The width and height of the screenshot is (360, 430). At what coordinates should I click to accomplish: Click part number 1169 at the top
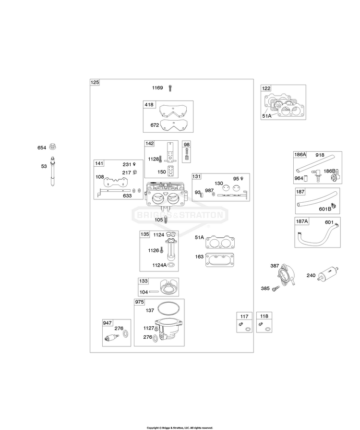[157, 88]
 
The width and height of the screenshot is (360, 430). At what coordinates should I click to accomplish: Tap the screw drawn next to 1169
[170, 88]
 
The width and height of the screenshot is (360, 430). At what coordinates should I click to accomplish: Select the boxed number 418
[149, 104]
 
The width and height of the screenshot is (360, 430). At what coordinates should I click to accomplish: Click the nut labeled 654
[52, 147]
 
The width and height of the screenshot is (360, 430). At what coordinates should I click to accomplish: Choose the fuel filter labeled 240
[328, 274]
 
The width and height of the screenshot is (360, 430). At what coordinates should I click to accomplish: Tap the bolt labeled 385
[276, 288]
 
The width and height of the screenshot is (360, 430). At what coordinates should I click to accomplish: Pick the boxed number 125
[95, 82]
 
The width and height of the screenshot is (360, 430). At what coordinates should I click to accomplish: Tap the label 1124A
[159, 265]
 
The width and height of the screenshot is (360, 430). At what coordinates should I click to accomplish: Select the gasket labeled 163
[220, 260]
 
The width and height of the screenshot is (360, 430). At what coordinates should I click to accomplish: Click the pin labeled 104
[154, 292]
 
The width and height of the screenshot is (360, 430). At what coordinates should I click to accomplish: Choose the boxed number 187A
[302, 221]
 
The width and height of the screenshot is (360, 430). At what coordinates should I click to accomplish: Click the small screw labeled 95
[242, 179]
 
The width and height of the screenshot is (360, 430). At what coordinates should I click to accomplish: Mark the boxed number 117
[244, 316]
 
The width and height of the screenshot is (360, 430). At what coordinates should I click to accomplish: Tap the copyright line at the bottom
[180, 428]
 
